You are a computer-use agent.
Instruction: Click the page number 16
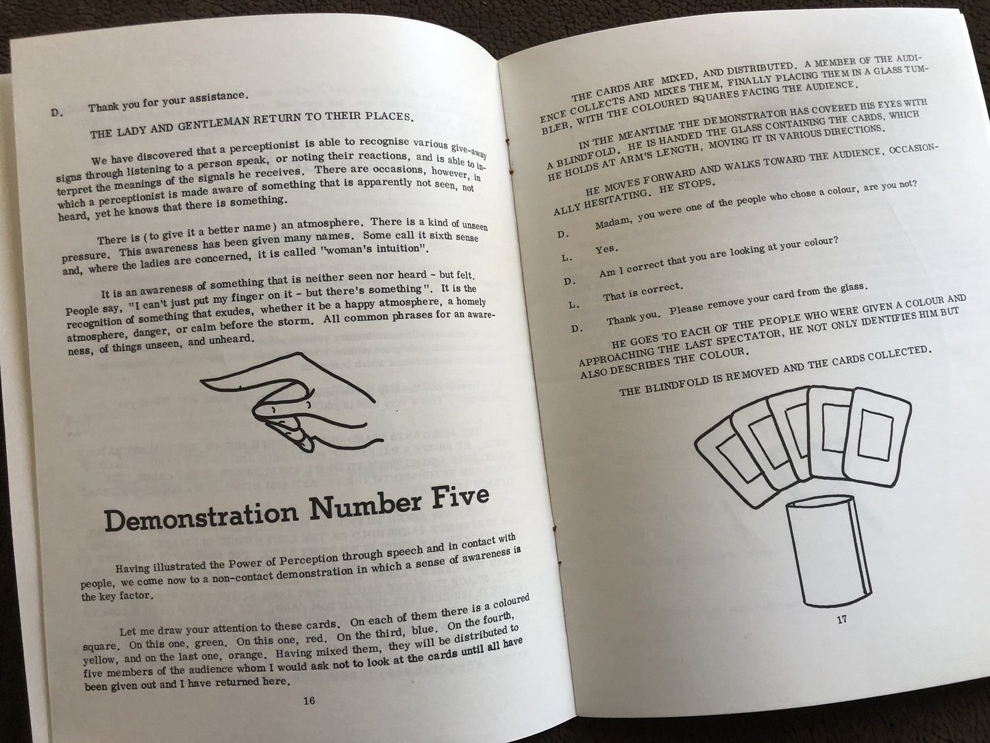[309, 701]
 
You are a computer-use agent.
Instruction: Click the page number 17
[841, 620]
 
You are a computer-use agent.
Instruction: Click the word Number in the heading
[366, 504]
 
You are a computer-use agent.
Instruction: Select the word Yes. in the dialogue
[606, 249]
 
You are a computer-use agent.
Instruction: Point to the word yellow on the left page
[99, 659]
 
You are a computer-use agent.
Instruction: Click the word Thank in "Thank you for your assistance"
[102, 107]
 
